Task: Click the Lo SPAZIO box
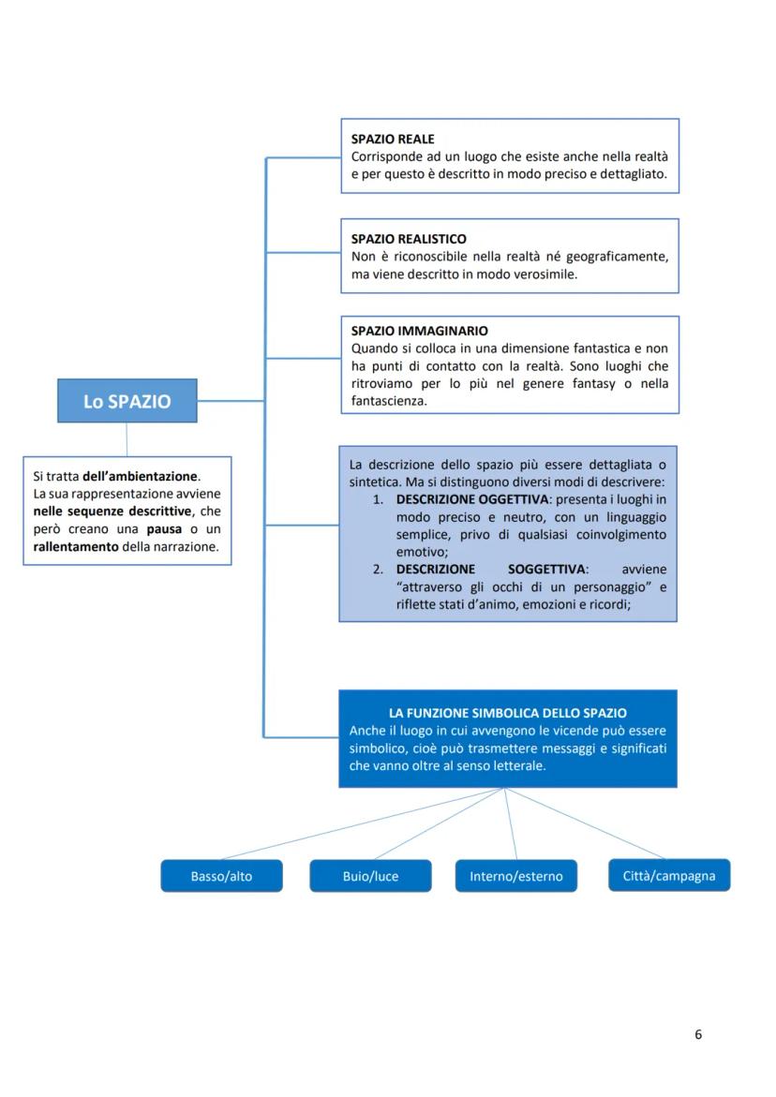[127, 401]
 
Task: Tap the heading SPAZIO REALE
[393, 139]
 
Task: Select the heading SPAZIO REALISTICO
[409, 239]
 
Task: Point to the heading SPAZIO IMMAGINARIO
[419, 331]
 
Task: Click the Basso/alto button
[221, 877]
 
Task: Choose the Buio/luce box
[370, 877]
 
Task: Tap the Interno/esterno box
[515, 877]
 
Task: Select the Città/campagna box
[668, 876]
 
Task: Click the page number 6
[698, 1034]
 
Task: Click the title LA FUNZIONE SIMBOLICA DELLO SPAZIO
[507, 713]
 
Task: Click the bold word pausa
[164, 529]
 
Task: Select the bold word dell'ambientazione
[141, 476]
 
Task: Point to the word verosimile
[544, 274]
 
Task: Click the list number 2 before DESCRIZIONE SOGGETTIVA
[378, 570]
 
